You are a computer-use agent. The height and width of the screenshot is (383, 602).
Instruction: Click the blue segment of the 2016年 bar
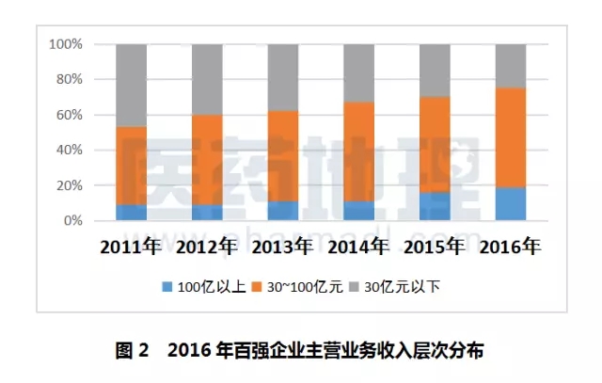pyautogui.click(x=511, y=203)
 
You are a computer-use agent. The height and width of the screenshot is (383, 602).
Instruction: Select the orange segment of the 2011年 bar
pyautogui.click(x=132, y=166)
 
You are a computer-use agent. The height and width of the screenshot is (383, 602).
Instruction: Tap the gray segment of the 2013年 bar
pyautogui.click(x=283, y=77)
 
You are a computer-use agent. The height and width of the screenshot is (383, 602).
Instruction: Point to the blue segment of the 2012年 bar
pyautogui.click(x=207, y=213)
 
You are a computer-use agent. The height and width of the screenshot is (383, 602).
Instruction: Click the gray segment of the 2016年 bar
pyautogui.click(x=511, y=66)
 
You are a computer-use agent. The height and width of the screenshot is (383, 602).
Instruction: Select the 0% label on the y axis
pyautogui.click(x=74, y=221)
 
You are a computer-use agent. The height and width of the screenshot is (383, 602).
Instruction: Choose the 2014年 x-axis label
pyautogui.click(x=358, y=247)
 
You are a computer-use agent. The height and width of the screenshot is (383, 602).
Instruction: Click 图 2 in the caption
pyautogui.click(x=133, y=352)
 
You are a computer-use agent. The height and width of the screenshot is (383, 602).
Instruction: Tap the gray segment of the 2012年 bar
pyautogui.click(x=207, y=79)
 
